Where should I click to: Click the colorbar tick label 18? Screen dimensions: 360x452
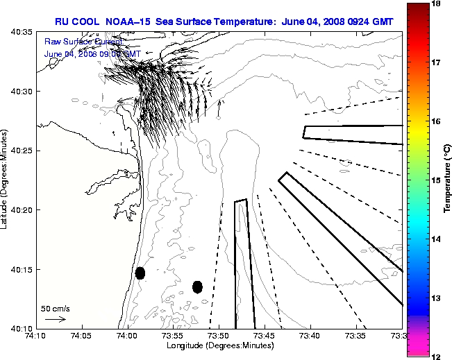point(437,4)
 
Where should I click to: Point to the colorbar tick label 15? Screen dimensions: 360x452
point(437,180)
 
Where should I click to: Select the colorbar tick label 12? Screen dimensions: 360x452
point(437,355)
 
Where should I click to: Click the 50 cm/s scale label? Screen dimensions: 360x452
point(56,308)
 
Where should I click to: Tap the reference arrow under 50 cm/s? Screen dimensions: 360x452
point(55,320)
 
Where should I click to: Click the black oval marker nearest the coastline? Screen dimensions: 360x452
point(140,273)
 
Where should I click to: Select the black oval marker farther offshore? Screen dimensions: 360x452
point(197,286)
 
